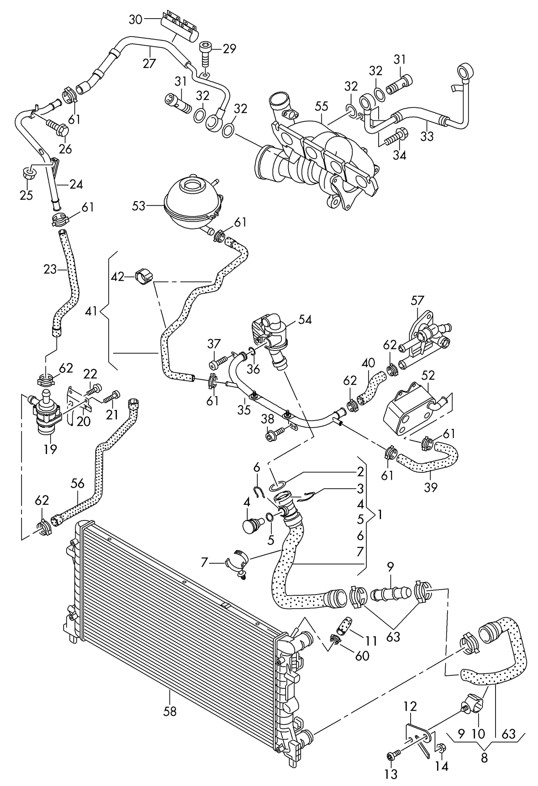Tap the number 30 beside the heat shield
click(x=136, y=19)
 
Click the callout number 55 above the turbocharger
click(x=322, y=106)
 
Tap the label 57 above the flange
click(x=417, y=300)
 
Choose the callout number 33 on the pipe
click(x=427, y=136)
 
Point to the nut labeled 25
click(x=29, y=174)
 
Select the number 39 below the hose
click(x=431, y=487)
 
